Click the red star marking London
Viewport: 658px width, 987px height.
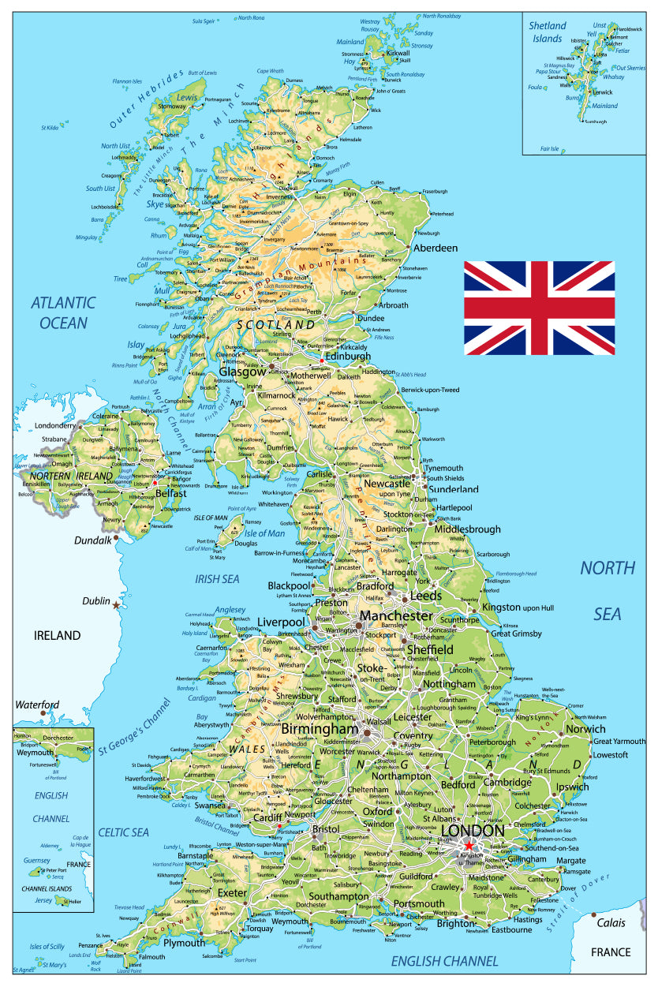[469, 845]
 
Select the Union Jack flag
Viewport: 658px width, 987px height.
[539, 308]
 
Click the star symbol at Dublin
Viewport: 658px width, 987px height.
[117, 605]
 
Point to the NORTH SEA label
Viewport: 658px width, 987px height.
[608, 590]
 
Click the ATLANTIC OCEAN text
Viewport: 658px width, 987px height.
[63, 312]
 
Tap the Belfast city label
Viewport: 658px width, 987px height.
[171, 493]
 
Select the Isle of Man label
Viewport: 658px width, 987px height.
[264, 533]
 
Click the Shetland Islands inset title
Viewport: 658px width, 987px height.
[548, 32]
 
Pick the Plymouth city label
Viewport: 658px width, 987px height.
[185, 943]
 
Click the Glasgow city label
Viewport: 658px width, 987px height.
[237, 371]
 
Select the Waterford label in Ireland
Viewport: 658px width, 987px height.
[38, 705]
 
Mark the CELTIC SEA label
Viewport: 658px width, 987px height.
[124, 832]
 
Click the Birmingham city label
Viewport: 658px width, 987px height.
[319, 729]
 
